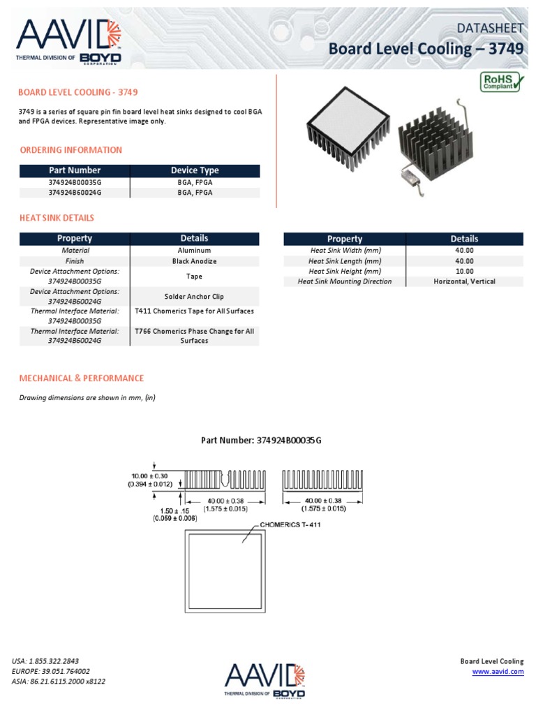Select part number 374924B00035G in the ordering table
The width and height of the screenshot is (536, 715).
pyautogui.click(x=75, y=182)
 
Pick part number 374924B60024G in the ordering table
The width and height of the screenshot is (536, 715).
pyautogui.click(x=75, y=193)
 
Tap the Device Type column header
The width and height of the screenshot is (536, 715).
pyautogui.click(x=195, y=170)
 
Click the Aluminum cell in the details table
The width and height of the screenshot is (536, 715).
pyautogui.click(x=194, y=250)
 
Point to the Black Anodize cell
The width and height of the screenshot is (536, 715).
pyautogui.click(x=194, y=261)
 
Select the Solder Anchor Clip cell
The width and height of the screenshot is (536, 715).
pyautogui.click(x=194, y=297)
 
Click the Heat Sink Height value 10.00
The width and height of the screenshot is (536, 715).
pyautogui.click(x=464, y=271)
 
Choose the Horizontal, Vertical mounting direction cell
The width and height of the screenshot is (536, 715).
pyautogui.click(x=464, y=281)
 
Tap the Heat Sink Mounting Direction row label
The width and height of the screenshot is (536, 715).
pyautogui.click(x=345, y=281)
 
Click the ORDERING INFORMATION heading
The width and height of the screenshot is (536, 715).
pyautogui.click(x=70, y=150)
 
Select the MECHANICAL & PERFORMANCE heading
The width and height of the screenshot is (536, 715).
pyautogui.click(x=82, y=378)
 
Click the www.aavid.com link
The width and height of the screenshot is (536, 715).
pyautogui.click(x=498, y=672)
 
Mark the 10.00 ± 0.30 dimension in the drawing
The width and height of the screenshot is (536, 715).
pyautogui.click(x=151, y=476)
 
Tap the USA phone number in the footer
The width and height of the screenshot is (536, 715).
pyautogui.click(x=45, y=661)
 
